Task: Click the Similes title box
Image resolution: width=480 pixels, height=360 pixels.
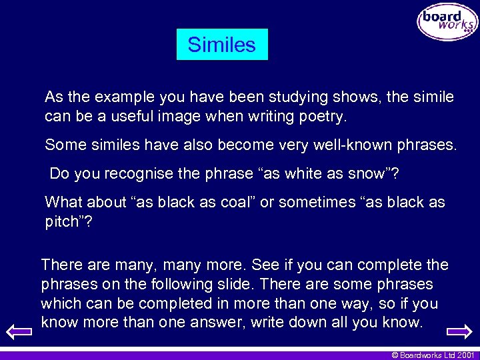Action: tap(222, 45)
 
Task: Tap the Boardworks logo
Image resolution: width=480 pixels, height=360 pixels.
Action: tap(447, 22)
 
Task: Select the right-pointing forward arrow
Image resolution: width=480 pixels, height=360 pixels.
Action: tap(459, 331)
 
